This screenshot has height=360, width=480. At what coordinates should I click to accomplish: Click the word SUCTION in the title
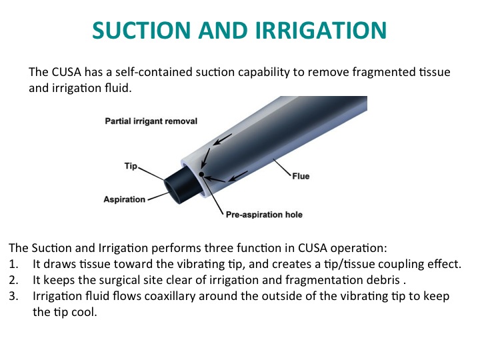pos(142,30)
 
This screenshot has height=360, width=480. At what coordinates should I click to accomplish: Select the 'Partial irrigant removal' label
pos(151,121)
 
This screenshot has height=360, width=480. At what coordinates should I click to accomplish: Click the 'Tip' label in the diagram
pos(131,166)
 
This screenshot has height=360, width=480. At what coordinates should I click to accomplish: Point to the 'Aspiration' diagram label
pos(124,199)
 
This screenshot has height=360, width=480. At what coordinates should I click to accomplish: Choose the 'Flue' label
pos(301,176)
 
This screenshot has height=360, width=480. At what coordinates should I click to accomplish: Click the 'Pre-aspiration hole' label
pos(264,215)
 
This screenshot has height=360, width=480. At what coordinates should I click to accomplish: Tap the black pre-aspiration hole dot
pos(201,175)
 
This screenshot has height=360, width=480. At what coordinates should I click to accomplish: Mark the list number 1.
pos(13,264)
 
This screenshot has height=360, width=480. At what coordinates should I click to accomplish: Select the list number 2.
pos(13,280)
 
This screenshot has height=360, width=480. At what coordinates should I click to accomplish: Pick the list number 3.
pos(13,296)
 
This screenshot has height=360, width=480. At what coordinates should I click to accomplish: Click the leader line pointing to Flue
pos(282,167)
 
